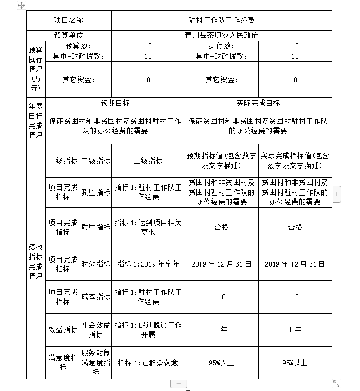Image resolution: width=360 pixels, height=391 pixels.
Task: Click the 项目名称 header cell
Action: (69, 20)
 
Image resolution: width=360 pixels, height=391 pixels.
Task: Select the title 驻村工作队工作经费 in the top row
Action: (221, 20)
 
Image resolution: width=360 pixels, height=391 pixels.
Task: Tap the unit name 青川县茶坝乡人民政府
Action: (221, 35)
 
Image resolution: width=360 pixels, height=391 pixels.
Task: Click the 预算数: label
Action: (78, 46)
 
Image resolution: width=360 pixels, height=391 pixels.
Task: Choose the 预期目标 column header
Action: (115, 103)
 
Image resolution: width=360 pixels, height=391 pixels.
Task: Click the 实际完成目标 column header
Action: (258, 103)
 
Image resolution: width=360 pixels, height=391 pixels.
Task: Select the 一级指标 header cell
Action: (63, 161)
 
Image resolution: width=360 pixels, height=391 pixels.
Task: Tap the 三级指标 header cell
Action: (148, 161)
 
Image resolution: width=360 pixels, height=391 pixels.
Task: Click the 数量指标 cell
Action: (96, 192)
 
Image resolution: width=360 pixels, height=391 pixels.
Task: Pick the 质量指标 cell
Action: (96, 227)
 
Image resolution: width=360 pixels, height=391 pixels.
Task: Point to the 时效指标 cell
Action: (96, 264)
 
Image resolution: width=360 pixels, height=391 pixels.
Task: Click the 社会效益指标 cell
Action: (96, 330)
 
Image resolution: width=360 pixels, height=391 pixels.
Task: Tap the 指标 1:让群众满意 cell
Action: (148, 363)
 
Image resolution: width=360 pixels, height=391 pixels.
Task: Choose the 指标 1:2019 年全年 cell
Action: (148, 264)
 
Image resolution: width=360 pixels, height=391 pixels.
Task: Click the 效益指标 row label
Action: (63, 330)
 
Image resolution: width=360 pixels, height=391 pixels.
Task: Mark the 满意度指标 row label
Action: (63, 363)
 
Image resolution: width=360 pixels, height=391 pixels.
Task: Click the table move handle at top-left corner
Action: (21, 4)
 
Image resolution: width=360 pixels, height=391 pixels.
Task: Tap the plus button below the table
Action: (179, 384)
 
